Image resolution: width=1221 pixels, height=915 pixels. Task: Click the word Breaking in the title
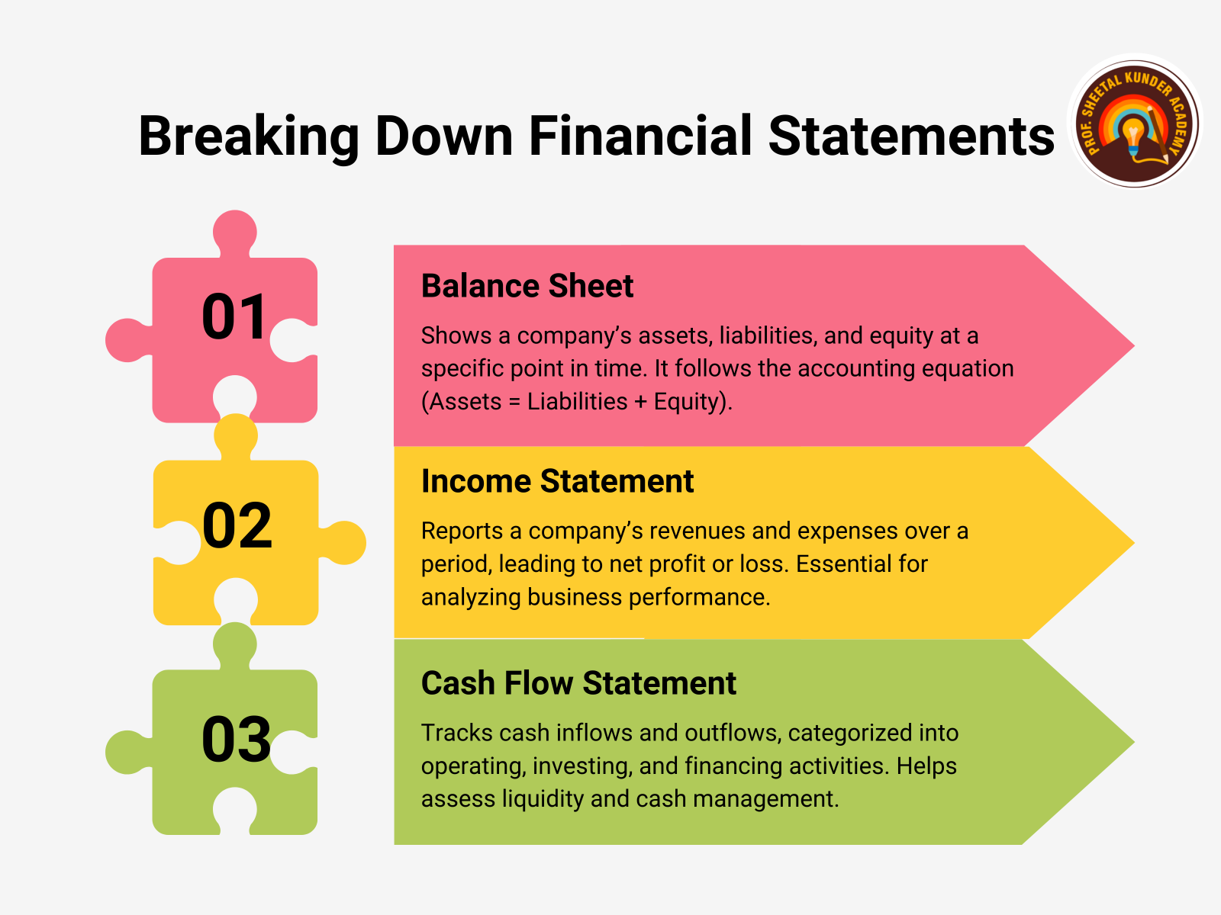coord(249,137)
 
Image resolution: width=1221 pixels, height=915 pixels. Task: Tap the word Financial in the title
coord(640,136)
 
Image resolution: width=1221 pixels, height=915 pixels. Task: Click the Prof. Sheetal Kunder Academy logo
coord(1134,122)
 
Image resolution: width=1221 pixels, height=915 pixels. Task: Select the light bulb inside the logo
coord(1133,136)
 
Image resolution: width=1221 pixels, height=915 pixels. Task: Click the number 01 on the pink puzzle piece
coord(234,316)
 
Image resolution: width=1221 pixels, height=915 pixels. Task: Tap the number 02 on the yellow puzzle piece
coord(237,525)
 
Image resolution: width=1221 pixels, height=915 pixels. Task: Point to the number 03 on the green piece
coord(236,739)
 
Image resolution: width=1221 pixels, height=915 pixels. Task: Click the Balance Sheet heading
coord(527,286)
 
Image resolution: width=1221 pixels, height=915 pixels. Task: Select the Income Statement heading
coord(557,481)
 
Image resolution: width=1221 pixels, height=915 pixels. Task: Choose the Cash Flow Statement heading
coord(578,682)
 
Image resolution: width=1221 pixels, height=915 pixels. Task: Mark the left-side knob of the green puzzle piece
coord(129,753)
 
